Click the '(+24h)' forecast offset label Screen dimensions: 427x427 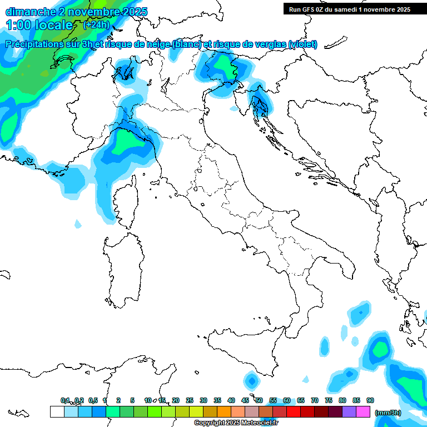[x=96, y=24]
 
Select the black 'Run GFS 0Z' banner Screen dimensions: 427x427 [x=350, y=9]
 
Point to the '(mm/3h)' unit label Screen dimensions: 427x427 [x=388, y=412]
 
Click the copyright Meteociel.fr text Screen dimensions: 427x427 [x=236, y=423]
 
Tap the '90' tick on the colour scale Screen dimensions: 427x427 [x=370, y=400]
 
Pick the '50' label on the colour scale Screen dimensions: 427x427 [x=259, y=400]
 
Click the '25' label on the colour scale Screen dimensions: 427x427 [x=190, y=400]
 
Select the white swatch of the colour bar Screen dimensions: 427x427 [x=57, y=411]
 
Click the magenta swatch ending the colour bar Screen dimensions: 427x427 [x=363, y=411]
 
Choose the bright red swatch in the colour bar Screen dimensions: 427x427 [x=294, y=411]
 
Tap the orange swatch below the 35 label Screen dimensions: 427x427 [x=224, y=411]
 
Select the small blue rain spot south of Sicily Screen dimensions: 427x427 [x=252, y=381]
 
